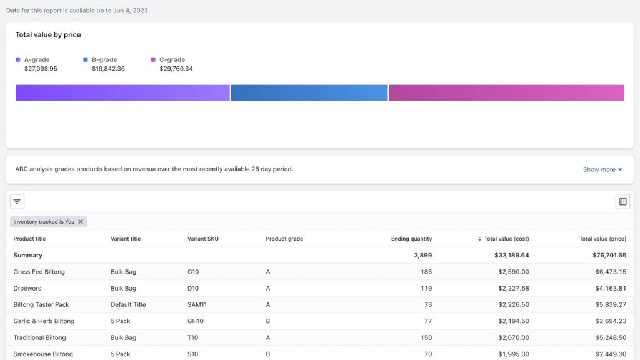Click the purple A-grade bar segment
[122, 92]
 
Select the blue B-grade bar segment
[309, 92]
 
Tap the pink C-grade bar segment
[506, 92]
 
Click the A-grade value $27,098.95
[41, 69]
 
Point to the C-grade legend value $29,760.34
[176, 69]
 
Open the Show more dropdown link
[602, 169]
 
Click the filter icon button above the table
[17, 202]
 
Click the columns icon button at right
[622, 202]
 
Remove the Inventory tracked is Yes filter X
[81, 222]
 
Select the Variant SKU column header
[203, 239]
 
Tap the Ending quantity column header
[411, 239]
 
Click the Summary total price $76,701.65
[609, 256]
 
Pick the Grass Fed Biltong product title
[39, 272]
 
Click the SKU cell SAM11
[197, 305]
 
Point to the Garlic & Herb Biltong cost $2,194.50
[513, 321]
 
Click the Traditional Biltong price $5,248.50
[609, 337]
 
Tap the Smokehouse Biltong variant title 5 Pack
[121, 354]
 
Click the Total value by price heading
[48, 35]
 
